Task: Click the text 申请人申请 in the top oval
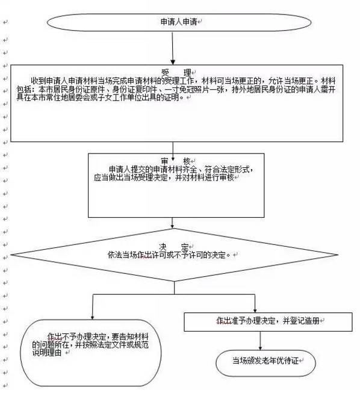(x=179, y=22)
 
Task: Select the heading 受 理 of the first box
(x=176, y=73)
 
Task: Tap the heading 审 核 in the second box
(x=176, y=161)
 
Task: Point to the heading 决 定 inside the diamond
(x=174, y=247)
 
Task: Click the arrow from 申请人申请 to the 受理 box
(x=173, y=48)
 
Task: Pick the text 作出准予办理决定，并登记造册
(x=268, y=321)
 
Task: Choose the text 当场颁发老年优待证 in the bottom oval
(x=265, y=360)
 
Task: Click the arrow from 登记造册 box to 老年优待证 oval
(x=260, y=341)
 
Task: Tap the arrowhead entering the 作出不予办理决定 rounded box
(x=93, y=317)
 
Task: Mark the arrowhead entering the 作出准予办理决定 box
(x=255, y=311)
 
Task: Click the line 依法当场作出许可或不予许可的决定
(x=169, y=255)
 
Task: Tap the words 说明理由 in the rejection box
(x=47, y=353)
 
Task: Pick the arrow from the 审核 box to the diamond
(x=173, y=223)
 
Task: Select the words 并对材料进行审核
(x=205, y=178)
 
